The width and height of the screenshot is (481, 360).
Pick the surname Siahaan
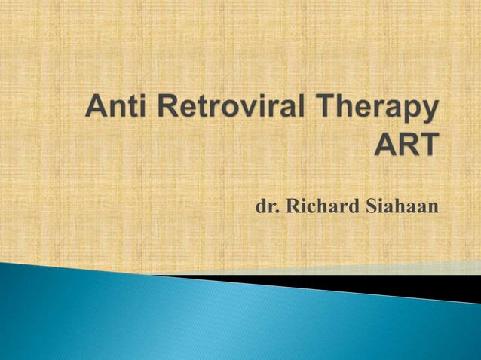tap(401, 205)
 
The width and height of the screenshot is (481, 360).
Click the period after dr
tap(277, 210)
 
